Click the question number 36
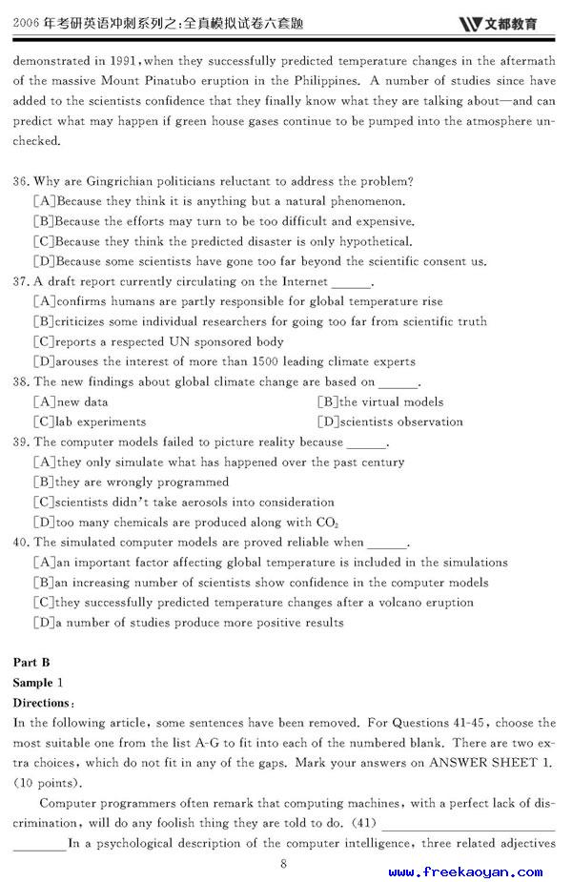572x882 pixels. pyautogui.click(x=21, y=181)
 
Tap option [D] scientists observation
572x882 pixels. pyautogui.click(x=390, y=422)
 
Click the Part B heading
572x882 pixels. pyautogui.click(x=31, y=663)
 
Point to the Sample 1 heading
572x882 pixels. pyautogui.click(x=37, y=683)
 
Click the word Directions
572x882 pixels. pyautogui.click(x=42, y=703)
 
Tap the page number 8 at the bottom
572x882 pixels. pyautogui.click(x=283, y=864)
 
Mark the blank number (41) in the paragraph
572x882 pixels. pyautogui.click(x=363, y=823)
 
